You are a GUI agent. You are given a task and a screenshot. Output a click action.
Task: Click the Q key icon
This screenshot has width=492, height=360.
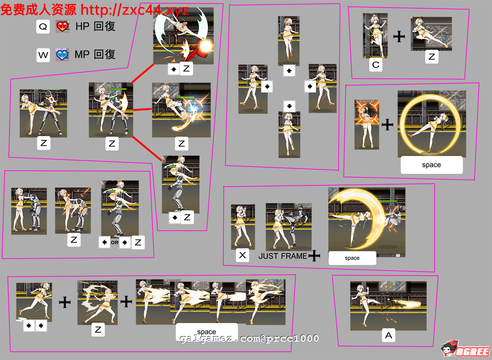point(43,27)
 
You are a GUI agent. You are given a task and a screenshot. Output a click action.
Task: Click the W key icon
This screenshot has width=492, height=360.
point(43,55)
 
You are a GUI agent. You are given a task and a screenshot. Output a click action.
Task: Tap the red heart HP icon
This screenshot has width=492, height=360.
point(62,27)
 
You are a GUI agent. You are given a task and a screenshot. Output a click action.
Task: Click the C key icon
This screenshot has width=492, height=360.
point(376,65)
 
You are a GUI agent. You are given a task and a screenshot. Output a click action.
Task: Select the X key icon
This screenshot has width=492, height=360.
point(242,255)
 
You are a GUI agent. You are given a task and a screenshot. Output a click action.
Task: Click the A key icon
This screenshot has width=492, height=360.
point(388,336)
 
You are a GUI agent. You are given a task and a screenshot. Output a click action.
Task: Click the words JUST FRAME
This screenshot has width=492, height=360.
point(283,256)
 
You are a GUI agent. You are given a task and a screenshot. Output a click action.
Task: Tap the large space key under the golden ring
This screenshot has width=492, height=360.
point(431,165)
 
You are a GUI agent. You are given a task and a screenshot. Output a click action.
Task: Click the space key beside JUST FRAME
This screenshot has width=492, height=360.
point(352,258)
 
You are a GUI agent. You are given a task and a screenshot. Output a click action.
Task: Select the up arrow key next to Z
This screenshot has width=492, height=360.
point(173,69)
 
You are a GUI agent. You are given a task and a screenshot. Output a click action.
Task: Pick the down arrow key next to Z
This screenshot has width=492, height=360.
point(175,218)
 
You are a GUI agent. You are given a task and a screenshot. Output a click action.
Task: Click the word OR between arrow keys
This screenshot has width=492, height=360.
point(115,243)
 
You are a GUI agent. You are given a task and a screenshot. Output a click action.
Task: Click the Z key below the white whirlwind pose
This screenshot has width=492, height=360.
point(98,330)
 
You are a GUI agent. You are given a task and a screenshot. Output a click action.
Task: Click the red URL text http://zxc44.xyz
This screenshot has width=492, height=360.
point(135,10)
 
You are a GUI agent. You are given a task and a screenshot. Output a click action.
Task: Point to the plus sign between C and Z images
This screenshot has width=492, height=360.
point(399,37)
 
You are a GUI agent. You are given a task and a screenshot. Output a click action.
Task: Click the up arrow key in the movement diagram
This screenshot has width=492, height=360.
point(289,71)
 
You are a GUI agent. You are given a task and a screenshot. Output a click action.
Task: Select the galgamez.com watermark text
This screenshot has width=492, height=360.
point(249,338)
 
